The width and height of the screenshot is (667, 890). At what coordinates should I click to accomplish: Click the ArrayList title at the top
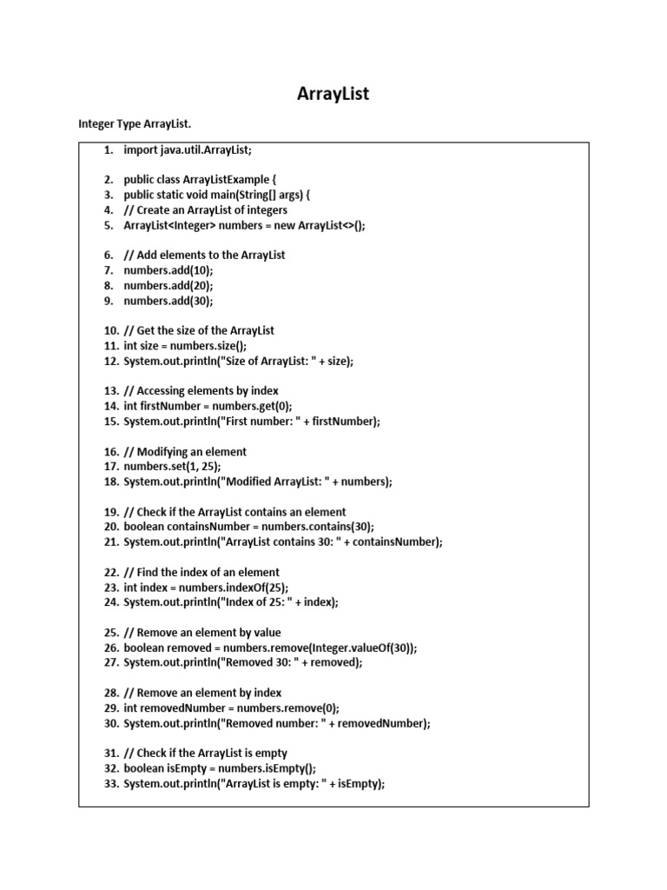pos(333,93)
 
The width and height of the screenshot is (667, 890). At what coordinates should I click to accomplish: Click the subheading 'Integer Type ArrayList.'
pos(135,125)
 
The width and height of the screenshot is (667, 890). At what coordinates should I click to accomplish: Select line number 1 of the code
pos(109,150)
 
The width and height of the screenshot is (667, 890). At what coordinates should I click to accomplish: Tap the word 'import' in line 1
pos(141,150)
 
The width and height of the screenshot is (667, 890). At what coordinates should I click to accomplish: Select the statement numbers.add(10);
pos(168,270)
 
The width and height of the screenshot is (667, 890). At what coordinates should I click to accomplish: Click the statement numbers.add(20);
pos(168,285)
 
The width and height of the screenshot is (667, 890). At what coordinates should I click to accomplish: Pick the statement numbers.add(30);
pos(168,301)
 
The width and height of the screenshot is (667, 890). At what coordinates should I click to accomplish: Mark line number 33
pos(110,783)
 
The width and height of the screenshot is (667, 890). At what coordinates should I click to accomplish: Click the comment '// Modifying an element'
pos(185,452)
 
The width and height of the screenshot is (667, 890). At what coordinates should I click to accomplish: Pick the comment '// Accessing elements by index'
pos(201,391)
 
